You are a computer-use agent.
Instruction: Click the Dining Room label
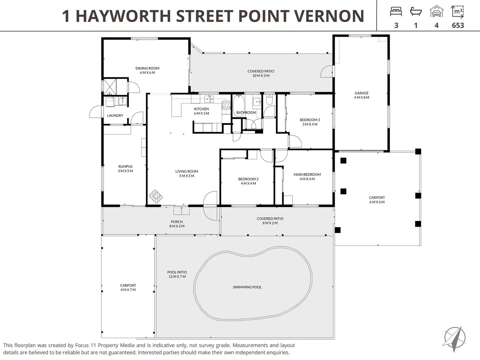[x=147, y=70]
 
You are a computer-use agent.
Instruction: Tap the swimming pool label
[x=247, y=287]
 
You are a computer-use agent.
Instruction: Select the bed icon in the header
[x=396, y=12]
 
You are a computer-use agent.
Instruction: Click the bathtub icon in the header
[x=416, y=12]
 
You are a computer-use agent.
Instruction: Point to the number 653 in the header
[x=458, y=25]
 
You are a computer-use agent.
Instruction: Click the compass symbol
[x=454, y=339]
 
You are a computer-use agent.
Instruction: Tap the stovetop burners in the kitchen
[x=226, y=105]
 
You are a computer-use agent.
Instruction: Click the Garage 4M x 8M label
[x=361, y=95]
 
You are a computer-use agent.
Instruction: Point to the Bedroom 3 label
[x=310, y=122]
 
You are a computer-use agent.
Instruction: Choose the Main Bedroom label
[x=307, y=177]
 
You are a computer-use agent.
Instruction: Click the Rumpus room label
[x=125, y=169]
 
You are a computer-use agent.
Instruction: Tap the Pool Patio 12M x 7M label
[x=177, y=274]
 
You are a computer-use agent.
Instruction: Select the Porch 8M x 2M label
[x=177, y=224]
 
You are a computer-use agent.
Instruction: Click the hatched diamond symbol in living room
[x=155, y=196]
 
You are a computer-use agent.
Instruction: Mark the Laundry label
[x=115, y=116]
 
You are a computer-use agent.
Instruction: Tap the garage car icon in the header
[x=436, y=12]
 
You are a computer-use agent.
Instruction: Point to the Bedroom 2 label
[x=248, y=181]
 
